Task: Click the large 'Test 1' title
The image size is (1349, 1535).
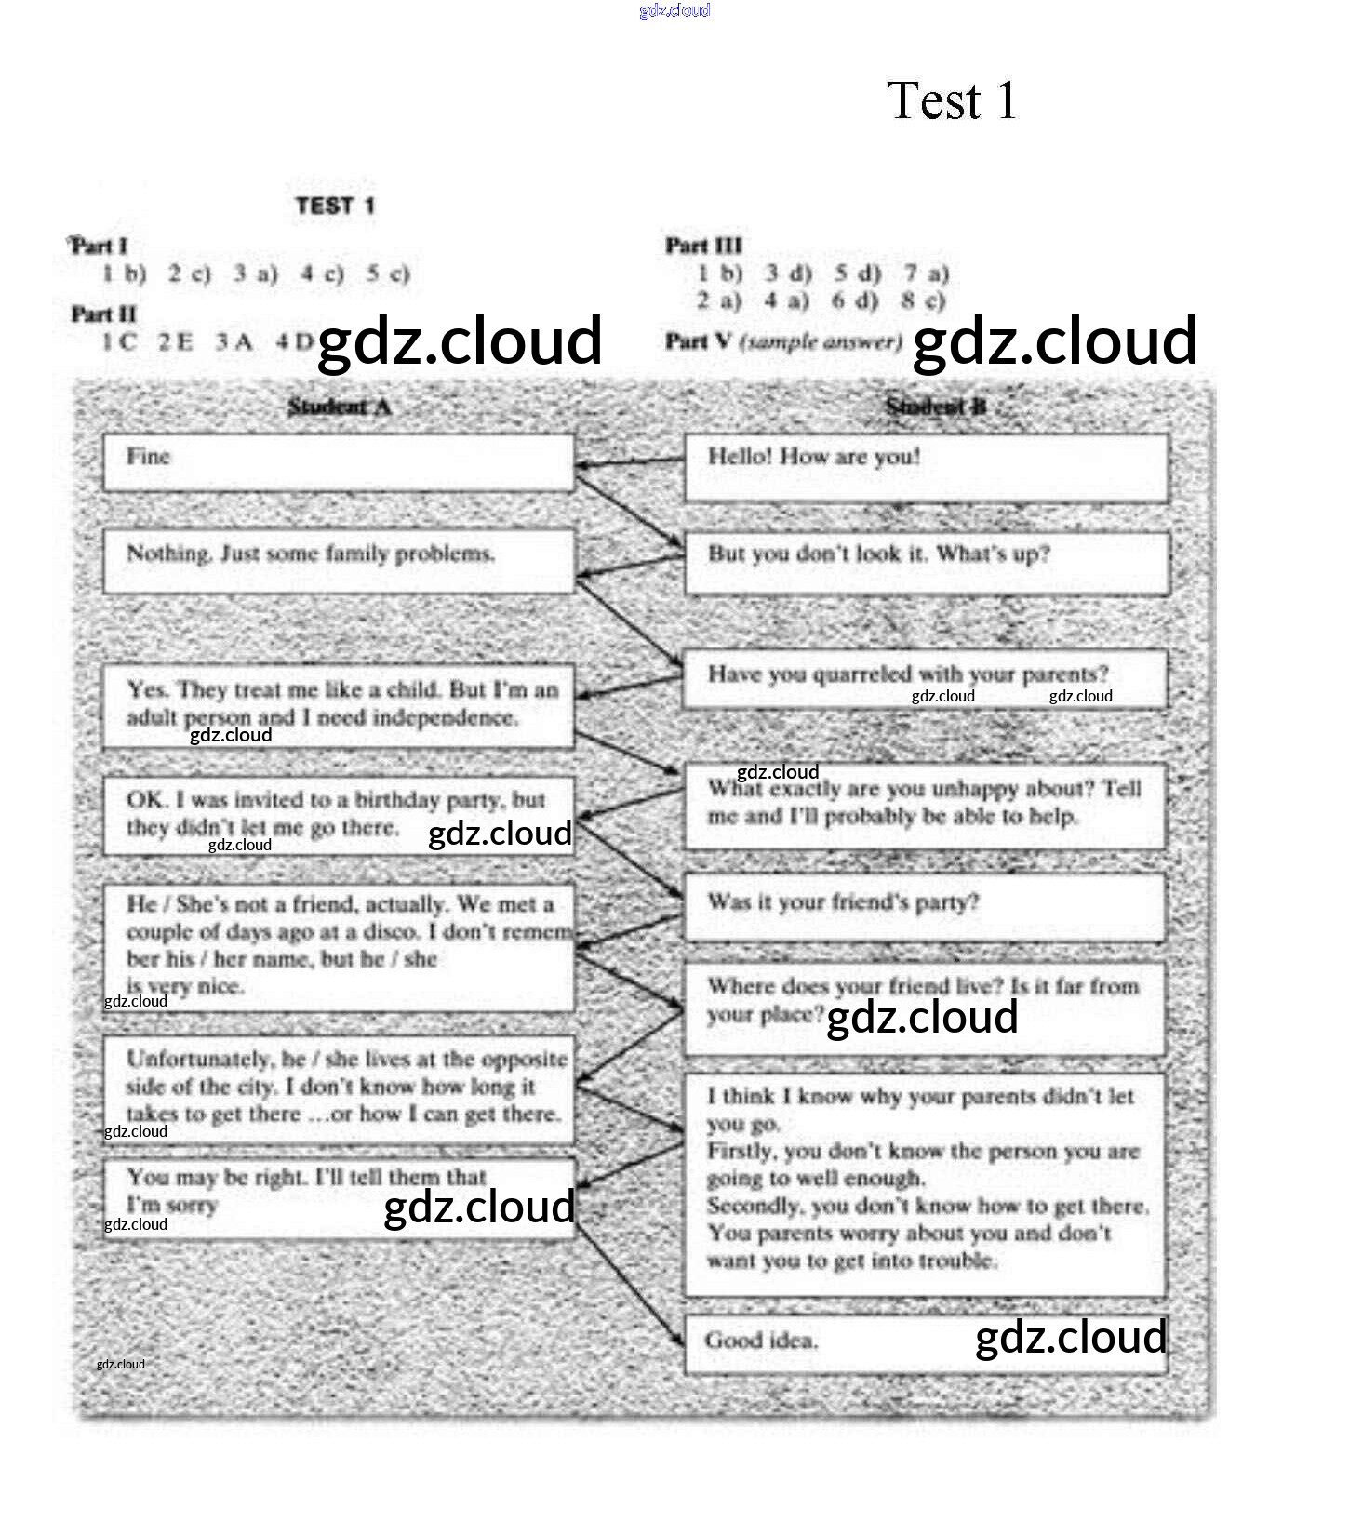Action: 951,100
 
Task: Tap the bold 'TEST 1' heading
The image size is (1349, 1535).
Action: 335,206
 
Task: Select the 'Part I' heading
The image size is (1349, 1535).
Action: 99,247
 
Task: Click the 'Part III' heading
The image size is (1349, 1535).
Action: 703,246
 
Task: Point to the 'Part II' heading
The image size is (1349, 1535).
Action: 103,314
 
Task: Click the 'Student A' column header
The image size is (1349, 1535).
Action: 339,407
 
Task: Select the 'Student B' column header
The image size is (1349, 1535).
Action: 936,407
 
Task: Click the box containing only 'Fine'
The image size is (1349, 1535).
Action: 339,462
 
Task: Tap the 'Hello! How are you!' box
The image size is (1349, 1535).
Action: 926,468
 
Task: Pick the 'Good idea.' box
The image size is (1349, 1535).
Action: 926,1343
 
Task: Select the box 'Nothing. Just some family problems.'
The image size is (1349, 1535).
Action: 339,561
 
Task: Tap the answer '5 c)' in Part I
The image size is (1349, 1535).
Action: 388,274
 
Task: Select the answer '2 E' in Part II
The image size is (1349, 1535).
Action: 176,341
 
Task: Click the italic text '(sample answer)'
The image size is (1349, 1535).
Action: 821,341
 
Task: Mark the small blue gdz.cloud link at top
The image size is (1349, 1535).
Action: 674,10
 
